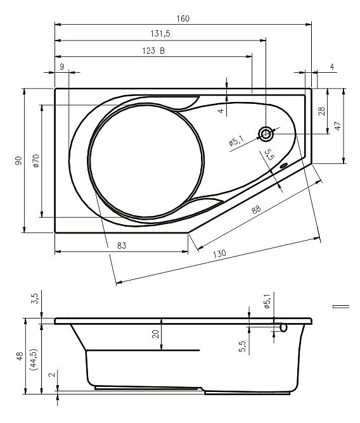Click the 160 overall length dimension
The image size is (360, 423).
tap(183, 18)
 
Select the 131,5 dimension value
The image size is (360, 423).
tap(160, 34)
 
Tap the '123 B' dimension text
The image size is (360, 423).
tap(153, 51)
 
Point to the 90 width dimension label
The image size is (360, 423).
tap(18, 160)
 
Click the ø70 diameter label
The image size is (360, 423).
tap(36, 161)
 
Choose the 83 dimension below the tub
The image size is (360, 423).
tap(122, 246)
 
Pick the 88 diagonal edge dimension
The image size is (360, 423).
tap(256, 209)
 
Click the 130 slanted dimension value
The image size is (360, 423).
tap(219, 254)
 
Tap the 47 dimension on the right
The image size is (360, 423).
tap(338, 126)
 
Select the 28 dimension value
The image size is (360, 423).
tap(321, 111)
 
